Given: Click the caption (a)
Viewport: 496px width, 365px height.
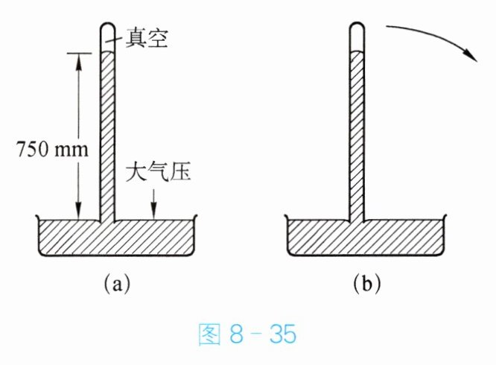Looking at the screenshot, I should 117,284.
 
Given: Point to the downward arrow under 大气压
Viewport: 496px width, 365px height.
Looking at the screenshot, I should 153,203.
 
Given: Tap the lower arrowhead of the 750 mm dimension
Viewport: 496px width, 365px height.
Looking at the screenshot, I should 76,213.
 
